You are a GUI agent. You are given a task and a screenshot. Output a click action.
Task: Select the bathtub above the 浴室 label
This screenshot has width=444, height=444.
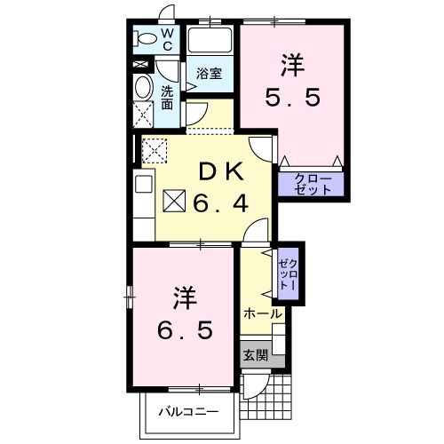[x=210, y=40]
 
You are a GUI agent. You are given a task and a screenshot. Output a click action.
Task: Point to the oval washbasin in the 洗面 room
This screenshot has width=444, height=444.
[x=143, y=87]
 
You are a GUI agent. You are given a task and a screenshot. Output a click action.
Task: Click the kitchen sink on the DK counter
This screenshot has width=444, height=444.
[x=143, y=187]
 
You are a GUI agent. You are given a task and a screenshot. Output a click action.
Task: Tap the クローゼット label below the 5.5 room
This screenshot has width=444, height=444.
[x=310, y=185]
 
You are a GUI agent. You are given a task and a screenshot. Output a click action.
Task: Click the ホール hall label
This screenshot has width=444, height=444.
[x=262, y=313]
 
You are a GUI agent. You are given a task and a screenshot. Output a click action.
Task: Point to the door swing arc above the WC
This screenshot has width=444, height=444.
[x=161, y=12]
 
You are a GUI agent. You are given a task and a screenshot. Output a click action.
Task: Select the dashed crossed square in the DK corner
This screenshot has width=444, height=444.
[x=155, y=149]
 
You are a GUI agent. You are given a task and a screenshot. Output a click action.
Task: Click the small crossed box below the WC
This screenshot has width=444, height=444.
[x=140, y=66]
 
